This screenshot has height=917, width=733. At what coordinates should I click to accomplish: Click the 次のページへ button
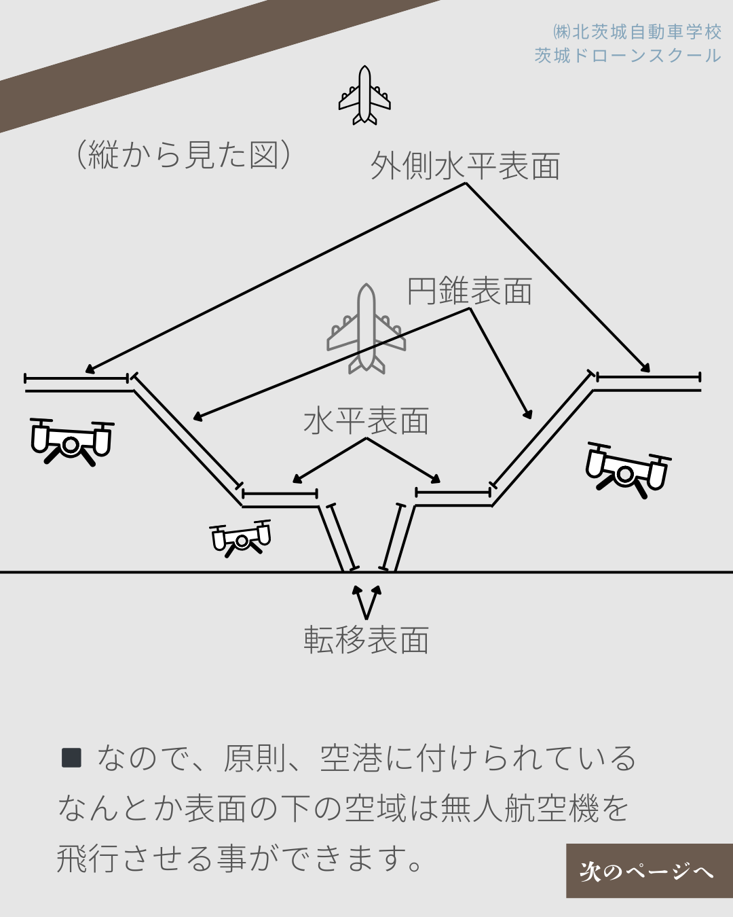(x=649, y=871)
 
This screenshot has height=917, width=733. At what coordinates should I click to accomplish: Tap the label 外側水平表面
(x=465, y=166)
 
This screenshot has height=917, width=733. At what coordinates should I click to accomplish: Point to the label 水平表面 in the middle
(x=366, y=420)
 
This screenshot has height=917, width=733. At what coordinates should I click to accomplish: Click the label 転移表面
(x=366, y=641)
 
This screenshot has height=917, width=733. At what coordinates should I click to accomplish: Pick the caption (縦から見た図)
(x=183, y=154)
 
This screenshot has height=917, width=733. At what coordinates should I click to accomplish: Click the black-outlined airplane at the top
(x=364, y=96)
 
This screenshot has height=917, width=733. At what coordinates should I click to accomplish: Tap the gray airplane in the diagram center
(x=366, y=329)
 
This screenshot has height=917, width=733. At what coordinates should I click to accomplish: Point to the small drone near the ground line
(x=241, y=538)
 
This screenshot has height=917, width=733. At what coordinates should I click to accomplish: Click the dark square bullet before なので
(x=71, y=757)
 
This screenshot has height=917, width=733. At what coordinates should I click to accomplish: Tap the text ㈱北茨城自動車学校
(x=637, y=32)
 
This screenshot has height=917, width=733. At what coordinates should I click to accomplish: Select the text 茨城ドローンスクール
(x=628, y=56)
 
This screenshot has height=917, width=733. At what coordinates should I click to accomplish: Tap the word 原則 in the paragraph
(x=255, y=759)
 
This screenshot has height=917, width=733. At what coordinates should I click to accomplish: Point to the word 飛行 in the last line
(x=88, y=858)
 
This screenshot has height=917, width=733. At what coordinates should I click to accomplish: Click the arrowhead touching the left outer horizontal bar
(x=90, y=370)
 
